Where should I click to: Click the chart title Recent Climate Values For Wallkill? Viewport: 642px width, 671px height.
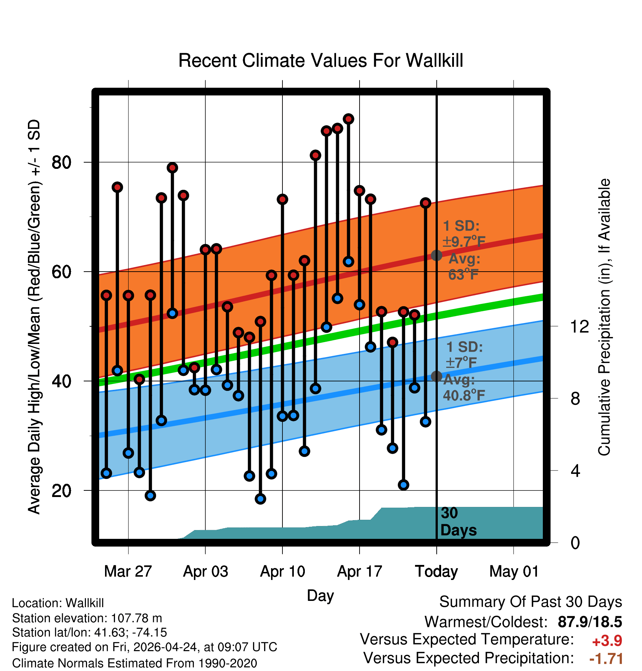pos(321,61)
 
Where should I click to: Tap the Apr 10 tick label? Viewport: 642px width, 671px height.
pos(282,572)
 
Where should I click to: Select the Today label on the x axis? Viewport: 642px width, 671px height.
pos(436,572)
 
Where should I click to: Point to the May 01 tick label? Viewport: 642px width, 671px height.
pos(514,572)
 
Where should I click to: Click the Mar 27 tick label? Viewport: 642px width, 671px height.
pos(128,572)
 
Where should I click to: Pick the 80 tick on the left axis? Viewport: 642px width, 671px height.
pos(61,162)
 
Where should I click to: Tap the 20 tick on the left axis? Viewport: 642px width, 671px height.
pos(61,491)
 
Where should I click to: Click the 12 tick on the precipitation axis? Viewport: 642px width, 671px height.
pos(579,326)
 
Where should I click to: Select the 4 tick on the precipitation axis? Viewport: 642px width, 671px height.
pos(575,471)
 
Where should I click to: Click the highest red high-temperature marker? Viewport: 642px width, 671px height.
pos(349,119)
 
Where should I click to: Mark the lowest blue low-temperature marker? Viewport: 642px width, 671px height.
pos(260,499)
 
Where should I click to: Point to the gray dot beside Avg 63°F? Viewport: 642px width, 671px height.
pos(436,255)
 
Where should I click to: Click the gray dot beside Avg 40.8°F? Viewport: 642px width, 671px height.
pos(436,376)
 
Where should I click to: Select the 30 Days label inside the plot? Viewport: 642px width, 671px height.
pos(458,522)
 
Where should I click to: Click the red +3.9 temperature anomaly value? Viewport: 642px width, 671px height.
pos(607,641)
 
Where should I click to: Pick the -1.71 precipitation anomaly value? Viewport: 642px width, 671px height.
pos(606,659)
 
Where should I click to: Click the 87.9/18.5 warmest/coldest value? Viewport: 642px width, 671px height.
pos(590,622)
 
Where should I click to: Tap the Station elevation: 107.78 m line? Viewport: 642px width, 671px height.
pos(87,618)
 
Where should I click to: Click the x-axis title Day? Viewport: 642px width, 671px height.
pos(320,596)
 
